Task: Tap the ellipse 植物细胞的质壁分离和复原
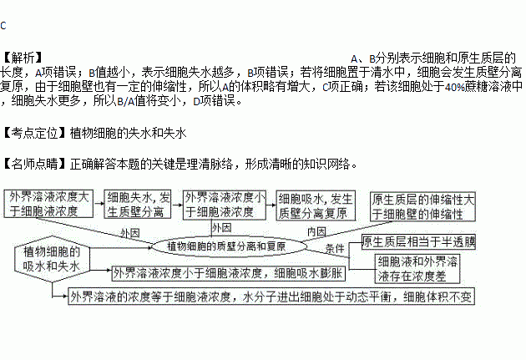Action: click(225, 246)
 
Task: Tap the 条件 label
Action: click(334, 249)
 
